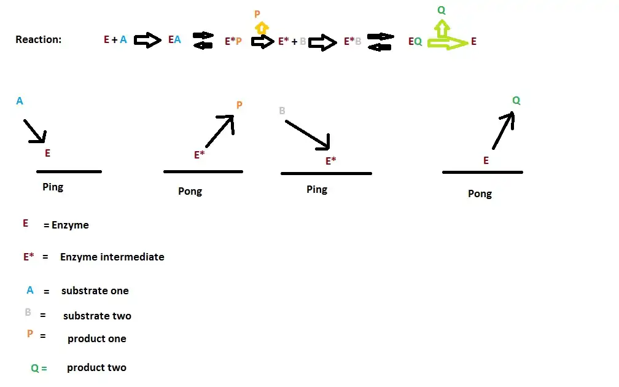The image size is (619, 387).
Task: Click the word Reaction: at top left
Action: click(38, 40)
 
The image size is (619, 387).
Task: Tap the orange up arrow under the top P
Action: click(262, 28)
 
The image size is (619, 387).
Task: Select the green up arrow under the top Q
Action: click(441, 28)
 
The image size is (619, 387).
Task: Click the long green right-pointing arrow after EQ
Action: click(448, 43)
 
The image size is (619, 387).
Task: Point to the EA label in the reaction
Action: click(174, 40)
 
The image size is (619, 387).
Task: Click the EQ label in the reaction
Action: click(415, 42)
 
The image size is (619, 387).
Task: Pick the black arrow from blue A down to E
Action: click(35, 130)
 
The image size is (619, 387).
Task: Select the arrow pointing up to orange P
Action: click(220, 131)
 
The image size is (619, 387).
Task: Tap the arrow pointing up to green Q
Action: click(503, 130)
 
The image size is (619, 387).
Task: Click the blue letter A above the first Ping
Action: click(20, 101)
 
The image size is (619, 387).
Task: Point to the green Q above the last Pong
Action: click(516, 101)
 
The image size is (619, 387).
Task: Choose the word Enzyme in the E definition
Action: click(70, 225)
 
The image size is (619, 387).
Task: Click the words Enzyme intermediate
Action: click(112, 257)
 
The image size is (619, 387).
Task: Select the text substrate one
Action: click(95, 291)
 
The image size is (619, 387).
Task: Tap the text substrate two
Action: click(97, 316)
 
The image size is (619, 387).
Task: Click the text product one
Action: click(97, 338)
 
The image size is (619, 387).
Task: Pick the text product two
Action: click(96, 367)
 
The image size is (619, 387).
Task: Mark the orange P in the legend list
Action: click(29, 334)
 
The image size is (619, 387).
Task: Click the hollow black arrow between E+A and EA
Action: click(147, 41)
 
